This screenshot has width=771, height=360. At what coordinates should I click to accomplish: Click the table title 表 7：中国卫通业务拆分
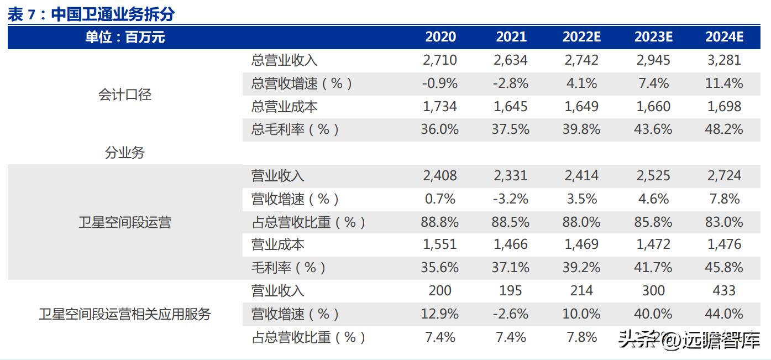pos(91,14)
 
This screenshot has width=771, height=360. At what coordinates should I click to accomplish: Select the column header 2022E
pos(581,37)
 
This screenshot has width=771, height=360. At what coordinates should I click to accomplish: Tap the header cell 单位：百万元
pos(125,37)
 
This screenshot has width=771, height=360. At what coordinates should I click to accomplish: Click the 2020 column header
pos(440,37)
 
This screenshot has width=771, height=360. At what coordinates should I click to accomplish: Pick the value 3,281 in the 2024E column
pos(724,60)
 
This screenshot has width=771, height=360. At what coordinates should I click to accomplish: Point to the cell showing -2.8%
pos(511,84)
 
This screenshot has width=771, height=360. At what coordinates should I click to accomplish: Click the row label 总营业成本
pos(284,106)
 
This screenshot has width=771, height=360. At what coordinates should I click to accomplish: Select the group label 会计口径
pos(125,95)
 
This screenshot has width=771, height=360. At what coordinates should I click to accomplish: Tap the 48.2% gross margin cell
pos(724,129)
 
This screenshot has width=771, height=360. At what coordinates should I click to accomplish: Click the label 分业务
pos(125,153)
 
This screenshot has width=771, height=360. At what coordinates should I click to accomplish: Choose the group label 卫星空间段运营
pos(125,222)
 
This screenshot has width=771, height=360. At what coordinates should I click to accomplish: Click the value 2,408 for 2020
pos(440,176)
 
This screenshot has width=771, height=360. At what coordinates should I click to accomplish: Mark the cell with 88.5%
pos(511,222)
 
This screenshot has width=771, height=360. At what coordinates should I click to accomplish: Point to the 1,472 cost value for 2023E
pos(653,244)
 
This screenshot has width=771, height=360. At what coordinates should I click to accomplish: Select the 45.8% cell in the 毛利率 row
pos(724,268)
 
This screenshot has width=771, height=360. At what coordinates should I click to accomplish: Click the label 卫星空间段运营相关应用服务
pos(125,314)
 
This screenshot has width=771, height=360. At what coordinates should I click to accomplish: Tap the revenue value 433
pos(724,291)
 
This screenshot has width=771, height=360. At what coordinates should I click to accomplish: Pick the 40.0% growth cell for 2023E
pos(653,314)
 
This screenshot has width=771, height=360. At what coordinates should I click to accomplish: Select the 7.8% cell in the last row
pos(581,337)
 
